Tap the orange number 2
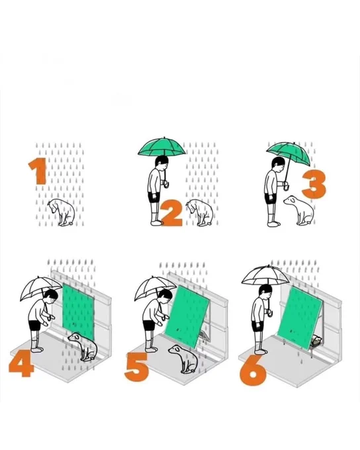pos(171,213)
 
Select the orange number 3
pos(314,184)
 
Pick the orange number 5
pos(136,367)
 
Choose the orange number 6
pos(253,371)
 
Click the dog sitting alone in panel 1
pos(62,212)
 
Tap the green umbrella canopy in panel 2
pos(161,147)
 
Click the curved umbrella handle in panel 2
pos(166,184)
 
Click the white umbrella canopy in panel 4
pos(40,288)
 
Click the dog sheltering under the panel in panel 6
pos(316,341)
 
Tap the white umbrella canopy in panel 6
pos(265,275)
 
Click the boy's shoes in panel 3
pos(273,224)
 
